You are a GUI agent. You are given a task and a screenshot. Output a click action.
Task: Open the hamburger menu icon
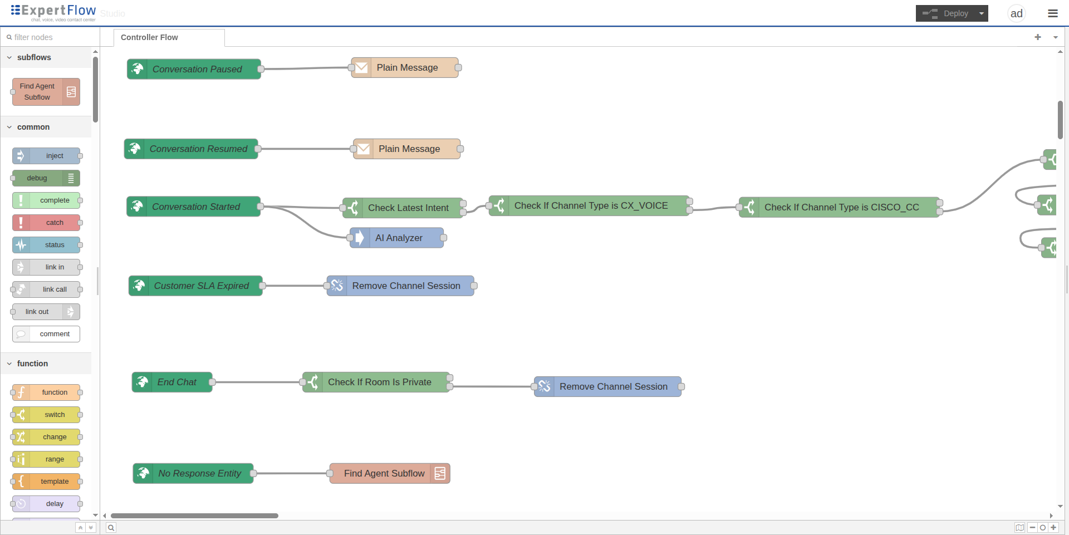(1053, 13)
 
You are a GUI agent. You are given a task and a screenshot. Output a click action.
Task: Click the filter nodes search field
(50, 37)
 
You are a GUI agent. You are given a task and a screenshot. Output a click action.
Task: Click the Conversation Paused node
(194, 69)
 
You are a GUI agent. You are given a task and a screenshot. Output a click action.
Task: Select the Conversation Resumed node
(191, 149)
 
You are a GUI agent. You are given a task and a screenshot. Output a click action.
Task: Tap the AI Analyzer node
(397, 238)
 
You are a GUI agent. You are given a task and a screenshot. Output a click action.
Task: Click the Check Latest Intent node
(403, 208)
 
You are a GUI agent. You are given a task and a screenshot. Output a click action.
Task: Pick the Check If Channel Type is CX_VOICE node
(590, 205)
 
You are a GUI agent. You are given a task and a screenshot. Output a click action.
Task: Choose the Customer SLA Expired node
(195, 286)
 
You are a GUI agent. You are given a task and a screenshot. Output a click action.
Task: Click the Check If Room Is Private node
(376, 382)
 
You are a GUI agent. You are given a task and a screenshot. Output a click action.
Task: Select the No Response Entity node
(193, 473)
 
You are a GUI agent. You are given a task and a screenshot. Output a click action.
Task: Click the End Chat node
(172, 382)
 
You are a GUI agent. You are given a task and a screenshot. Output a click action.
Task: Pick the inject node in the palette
(46, 156)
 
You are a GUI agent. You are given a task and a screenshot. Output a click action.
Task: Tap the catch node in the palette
(46, 223)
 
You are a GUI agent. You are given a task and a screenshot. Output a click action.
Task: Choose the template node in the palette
(46, 482)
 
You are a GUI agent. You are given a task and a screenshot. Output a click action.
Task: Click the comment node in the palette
(46, 334)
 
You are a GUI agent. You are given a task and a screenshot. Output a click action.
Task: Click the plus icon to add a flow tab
(1038, 37)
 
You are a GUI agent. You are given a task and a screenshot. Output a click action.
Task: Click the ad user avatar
(1017, 13)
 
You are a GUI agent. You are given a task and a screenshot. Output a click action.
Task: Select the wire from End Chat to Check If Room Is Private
(257, 382)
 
